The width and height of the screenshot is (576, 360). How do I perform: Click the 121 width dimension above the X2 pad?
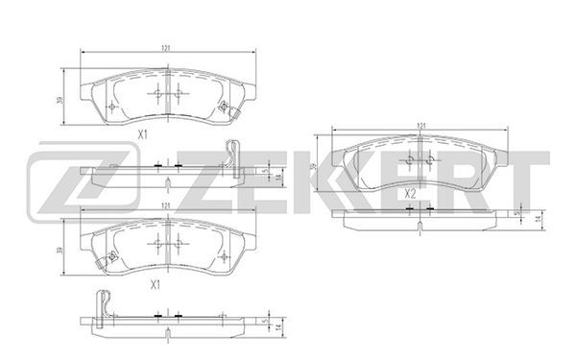click(421, 126)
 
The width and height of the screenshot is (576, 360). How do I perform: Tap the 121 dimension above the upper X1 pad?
click(166, 48)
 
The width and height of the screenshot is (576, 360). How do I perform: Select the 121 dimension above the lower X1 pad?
click(166, 206)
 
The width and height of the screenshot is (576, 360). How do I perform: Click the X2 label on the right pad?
click(410, 194)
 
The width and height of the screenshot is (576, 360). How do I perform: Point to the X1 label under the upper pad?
click(142, 134)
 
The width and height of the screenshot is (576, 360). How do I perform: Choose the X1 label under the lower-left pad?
click(156, 284)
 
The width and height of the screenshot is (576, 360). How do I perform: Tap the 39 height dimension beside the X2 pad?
click(313, 166)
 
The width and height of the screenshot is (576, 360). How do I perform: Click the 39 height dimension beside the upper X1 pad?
click(60, 100)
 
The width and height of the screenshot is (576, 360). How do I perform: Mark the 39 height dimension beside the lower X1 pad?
click(60, 251)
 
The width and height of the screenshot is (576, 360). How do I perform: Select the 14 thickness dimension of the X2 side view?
click(539, 219)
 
